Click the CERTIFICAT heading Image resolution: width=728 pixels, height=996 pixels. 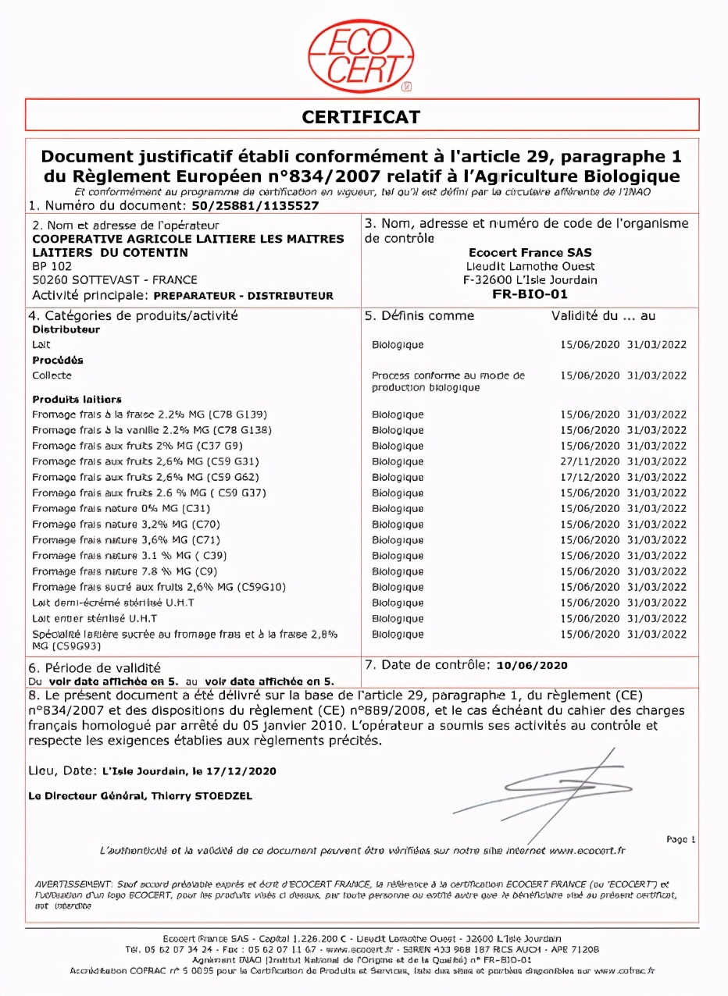361,117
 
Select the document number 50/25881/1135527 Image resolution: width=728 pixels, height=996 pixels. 255,206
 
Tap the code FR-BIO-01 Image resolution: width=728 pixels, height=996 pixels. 530,294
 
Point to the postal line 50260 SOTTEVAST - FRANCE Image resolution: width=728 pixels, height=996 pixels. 115,279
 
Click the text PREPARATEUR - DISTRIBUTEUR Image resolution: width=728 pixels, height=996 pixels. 244,296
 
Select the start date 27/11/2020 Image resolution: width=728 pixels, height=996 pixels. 590,461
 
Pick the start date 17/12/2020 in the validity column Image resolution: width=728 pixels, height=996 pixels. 590,477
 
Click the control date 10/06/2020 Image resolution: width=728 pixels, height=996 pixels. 532,665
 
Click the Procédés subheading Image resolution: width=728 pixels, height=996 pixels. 58,361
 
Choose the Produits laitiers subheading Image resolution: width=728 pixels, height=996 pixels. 77,400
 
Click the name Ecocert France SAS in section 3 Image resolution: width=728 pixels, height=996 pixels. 530,252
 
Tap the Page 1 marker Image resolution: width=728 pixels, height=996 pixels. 680,839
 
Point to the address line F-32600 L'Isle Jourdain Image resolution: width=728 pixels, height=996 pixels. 530,280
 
